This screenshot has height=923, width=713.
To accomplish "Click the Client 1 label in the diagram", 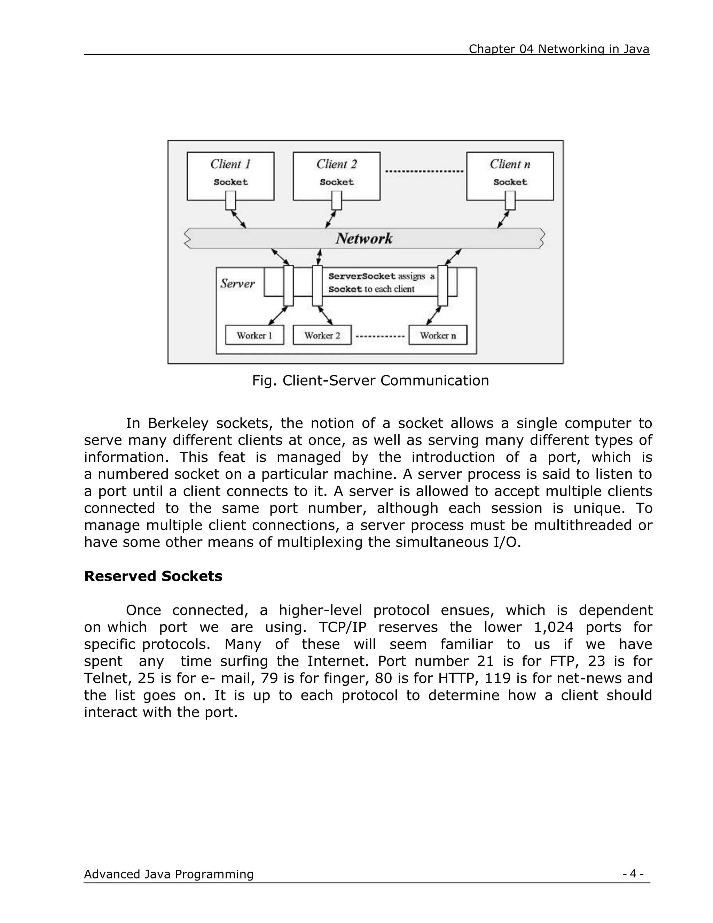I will [x=230, y=164].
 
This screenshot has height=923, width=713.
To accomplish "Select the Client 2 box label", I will [x=336, y=164].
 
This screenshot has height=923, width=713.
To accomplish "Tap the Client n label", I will [x=509, y=164].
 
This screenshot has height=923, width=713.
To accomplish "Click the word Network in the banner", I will [x=364, y=239].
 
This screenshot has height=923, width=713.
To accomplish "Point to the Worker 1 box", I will [x=254, y=335].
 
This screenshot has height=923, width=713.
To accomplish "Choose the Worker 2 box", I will [x=322, y=335].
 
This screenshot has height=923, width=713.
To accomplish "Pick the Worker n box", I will [x=438, y=335].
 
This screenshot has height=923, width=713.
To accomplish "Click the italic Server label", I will [x=237, y=284].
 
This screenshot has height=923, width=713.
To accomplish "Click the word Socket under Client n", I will [x=510, y=182].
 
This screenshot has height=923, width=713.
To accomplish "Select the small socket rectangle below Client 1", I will [x=230, y=200].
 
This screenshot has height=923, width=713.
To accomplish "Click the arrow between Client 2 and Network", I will [x=330, y=219].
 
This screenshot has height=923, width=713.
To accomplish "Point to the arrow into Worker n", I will [x=434, y=316].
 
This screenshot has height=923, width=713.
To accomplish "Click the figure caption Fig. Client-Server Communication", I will [x=370, y=380].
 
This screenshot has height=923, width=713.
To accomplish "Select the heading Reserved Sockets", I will [x=153, y=576].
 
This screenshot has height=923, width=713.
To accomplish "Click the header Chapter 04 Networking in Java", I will [x=558, y=49].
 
